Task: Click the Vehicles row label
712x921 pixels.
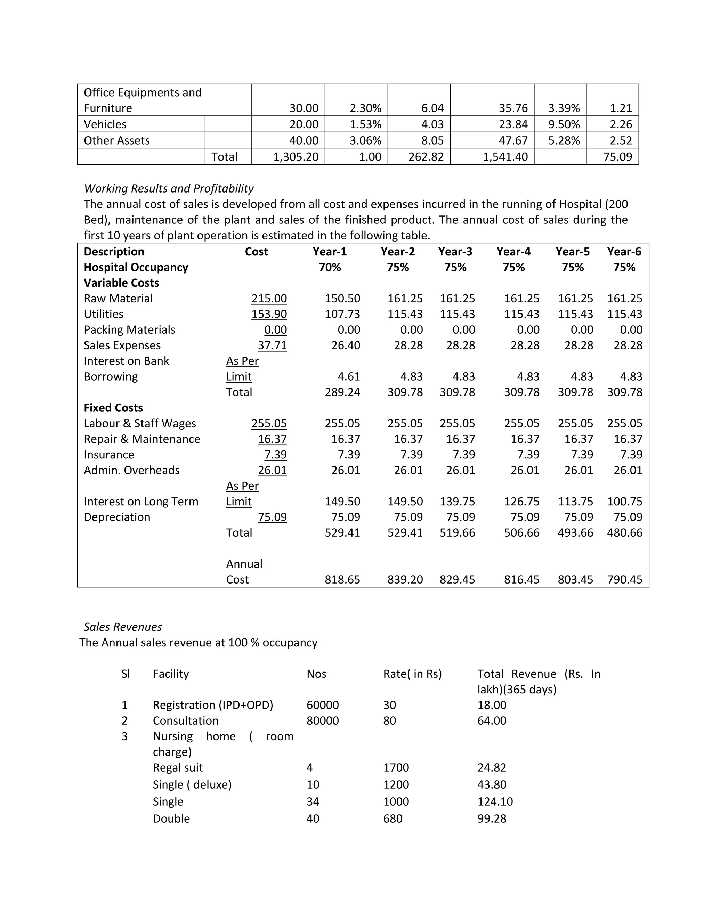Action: coord(105,124)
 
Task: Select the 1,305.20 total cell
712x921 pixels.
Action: coord(296,157)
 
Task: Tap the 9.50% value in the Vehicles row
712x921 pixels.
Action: coord(564,124)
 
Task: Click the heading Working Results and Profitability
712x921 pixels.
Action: coord(169,188)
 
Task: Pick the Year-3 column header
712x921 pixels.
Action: coord(455,252)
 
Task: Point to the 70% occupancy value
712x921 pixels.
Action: coord(330,267)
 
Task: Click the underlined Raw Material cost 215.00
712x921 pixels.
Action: coord(269,299)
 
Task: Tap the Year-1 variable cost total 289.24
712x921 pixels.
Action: coord(342,392)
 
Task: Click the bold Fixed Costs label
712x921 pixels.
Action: coord(113,408)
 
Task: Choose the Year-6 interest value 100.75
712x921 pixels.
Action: coord(625,502)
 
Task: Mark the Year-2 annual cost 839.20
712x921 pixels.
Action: coord(405,579)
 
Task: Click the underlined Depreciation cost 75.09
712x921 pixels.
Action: coord(272,517)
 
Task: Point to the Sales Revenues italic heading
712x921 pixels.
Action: coord(123,627)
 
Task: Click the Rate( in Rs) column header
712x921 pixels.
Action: coord(412,674)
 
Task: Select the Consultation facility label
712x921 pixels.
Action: coord(186,721)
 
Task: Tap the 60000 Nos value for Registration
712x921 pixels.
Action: coord(323,705)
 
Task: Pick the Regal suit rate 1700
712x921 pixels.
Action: coord(396,767)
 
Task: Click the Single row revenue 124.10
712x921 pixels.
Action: coord(495,802)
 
